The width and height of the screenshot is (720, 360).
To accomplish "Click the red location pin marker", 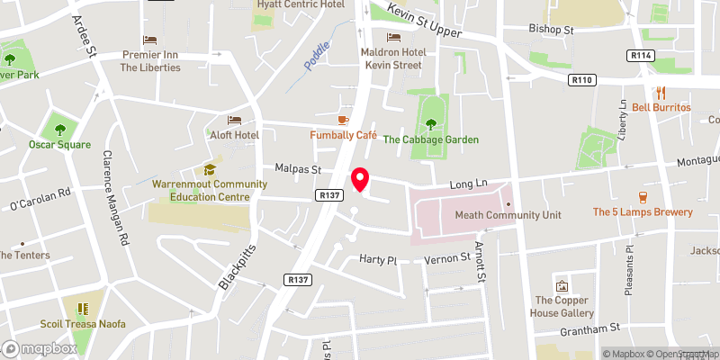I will click(360, 179).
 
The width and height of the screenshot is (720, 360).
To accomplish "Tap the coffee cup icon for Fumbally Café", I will click(342, 120).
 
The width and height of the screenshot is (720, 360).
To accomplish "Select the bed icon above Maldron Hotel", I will click(392, 37).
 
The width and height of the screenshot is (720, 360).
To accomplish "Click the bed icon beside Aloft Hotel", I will click(235, 120).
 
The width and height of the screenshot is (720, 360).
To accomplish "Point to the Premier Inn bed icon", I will click(149, 40).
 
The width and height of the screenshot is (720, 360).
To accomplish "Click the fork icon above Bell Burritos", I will click(661, 92).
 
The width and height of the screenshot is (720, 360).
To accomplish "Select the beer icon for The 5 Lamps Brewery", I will click(643, 196).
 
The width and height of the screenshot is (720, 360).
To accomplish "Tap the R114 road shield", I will click(641, 56).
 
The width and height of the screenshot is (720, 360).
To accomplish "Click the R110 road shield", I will click(582, 80).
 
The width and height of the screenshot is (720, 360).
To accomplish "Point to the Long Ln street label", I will click(468, 184).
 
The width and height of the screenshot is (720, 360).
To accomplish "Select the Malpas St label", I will click(298, 168).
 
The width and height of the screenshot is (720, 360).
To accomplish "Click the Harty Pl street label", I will click(378, 259).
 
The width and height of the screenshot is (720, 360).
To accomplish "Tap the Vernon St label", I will click(447, 259).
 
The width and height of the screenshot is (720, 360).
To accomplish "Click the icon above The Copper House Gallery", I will click(562, 285).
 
